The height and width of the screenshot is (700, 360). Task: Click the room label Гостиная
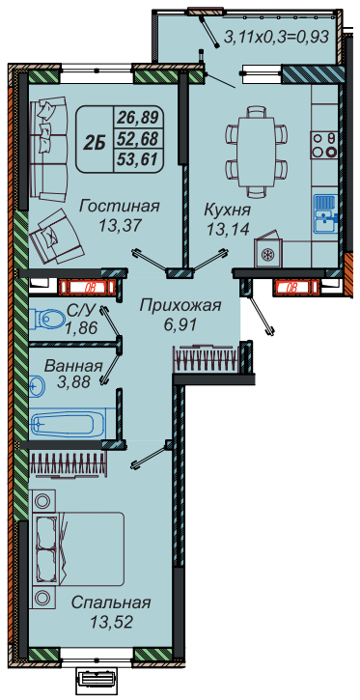pos(119,207)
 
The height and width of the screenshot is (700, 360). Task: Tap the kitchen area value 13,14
pos(227,229)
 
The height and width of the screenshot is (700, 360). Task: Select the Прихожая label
pos(180,306)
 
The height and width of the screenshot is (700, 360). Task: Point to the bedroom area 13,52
pos(111,622)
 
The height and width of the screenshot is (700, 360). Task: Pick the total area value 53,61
pos(137,159)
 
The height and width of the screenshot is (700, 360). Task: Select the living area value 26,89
pos(137,119)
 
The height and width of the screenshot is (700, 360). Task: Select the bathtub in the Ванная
pos(67,422)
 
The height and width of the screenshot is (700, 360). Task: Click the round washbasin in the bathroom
pos(37,385)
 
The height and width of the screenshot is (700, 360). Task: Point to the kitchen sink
pos(325,213)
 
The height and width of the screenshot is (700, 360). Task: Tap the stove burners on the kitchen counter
pos(324,144)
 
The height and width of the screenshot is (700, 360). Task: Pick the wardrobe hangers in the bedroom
pos(69,463)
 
